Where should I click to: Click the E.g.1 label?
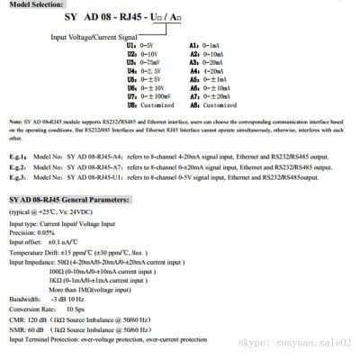coord(19,181)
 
